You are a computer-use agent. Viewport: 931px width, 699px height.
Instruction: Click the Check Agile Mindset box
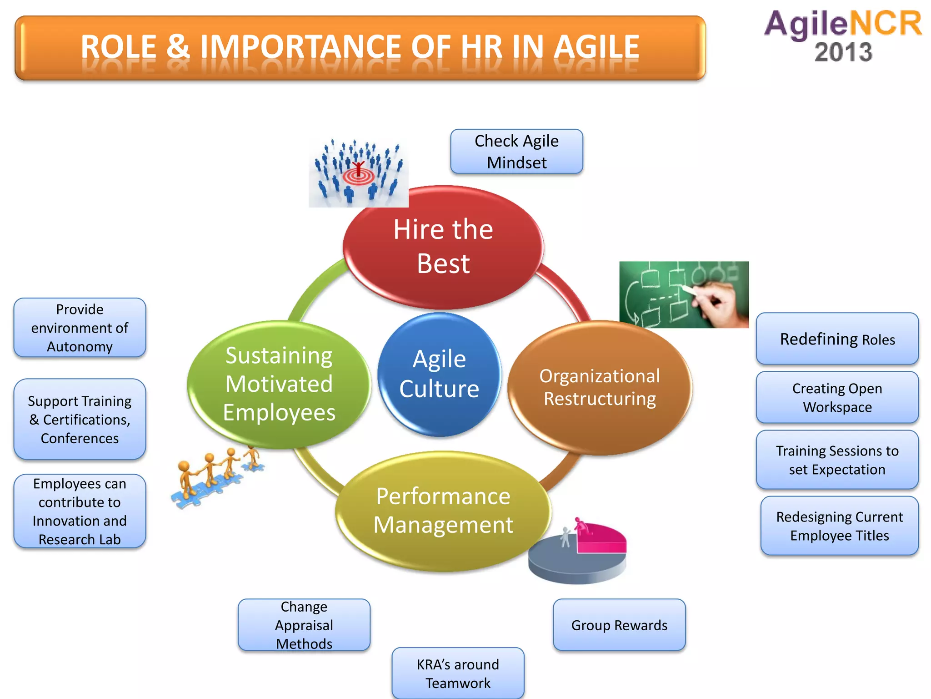[x=516, y=152]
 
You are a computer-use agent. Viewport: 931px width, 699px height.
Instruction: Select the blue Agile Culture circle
[x=439, y=375]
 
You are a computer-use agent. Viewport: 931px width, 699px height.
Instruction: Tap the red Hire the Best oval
[x=443, y=247]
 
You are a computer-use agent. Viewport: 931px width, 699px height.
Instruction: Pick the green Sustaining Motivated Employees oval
[x=279, y=385]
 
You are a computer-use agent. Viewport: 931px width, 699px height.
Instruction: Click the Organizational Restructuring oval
[x=600, y=388]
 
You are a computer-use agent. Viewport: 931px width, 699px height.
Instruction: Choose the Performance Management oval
[x=443, y=511]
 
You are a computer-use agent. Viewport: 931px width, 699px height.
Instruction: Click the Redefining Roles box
[x=837, y=339]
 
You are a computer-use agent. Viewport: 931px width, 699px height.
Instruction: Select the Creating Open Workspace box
[x=837, y=397]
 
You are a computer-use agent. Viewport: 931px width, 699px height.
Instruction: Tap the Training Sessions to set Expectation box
[x=837, y=460]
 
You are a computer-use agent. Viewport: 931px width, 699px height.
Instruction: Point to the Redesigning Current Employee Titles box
[x=839, y=526]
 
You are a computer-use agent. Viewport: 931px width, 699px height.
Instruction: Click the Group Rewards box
[x=619, y=625]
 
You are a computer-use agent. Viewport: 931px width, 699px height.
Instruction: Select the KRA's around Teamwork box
[x=458, y=673]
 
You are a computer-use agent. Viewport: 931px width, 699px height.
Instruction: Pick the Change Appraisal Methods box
[x=304, y=625]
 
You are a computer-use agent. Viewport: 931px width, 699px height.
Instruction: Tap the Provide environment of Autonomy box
[x=80, y=328]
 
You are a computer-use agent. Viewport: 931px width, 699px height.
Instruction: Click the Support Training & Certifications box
[x=80, y=419]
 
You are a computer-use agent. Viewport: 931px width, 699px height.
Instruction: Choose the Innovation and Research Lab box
[x=80, y=511]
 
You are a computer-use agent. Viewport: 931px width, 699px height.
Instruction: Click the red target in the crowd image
[x=359, y=176]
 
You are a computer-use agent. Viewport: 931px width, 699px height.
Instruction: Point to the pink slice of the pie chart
[x=602, y=539]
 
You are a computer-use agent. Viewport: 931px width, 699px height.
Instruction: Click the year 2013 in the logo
[x=843, y=52]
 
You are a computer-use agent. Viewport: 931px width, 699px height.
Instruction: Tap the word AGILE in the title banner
[x=596, y=47]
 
